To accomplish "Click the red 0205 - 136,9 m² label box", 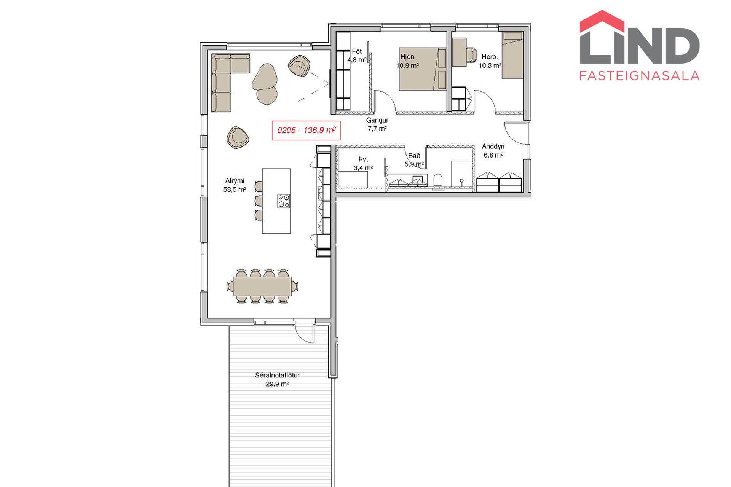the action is click(x=306, y=131).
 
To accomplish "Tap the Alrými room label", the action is click(x=235, y=181).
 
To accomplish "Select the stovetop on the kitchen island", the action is click(x=283, y=201).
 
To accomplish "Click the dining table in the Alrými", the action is click(x=262, y=286).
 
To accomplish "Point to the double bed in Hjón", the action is click(x=422, y=69).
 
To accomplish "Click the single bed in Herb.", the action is click(x=513, y=55).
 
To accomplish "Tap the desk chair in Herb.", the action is click(x=472, y=54).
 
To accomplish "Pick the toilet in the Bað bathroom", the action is click(x=438, y=181).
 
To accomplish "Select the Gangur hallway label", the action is click(x=377, y=120).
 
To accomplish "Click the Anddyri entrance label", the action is click(x=493, y=146).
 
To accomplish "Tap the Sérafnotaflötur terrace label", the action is click(x=277, y=375).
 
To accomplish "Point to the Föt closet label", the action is click(x=357, y=51).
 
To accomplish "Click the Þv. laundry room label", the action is click(x=363, y=159).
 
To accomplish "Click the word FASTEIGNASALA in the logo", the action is click(x=640, y=75).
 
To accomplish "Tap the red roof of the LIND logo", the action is click(x=602, y=20).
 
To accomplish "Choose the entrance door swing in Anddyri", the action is click(x=516, y=133).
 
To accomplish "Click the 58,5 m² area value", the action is click(x=235, y=189).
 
